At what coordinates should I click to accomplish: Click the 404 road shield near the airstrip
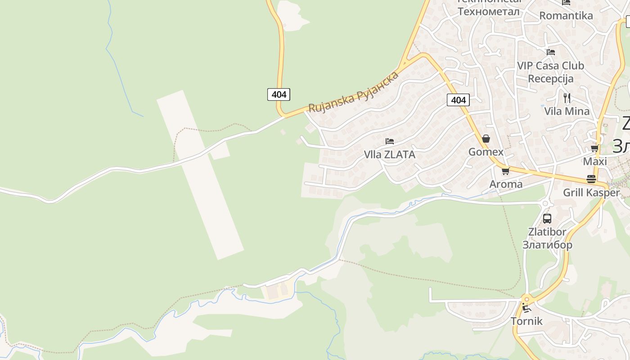click(279, 94)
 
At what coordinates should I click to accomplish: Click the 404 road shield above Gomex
click(458, 100)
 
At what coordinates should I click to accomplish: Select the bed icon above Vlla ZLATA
click(390, 141)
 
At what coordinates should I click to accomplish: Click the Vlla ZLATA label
click(389, 154)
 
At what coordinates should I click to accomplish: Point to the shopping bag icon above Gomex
click(486, 138)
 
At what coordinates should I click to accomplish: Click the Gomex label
click(486, 152)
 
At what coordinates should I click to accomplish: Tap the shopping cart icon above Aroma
click(505, 171)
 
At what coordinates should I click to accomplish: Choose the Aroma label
click(506, 184)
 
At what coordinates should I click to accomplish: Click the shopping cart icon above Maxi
click(594, 148)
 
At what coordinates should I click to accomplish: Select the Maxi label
click(595, 161)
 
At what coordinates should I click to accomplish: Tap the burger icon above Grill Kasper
click(591, 179)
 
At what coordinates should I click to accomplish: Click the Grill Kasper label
click(591, 193)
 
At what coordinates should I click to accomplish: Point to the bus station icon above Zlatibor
click(547, 219)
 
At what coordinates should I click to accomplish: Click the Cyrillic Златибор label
click(547, 245)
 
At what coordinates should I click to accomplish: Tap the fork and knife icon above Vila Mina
click(567, 98)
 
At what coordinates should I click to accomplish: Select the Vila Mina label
click(567, 111)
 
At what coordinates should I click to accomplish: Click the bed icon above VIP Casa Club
click(550, 52)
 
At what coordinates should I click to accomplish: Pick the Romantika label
click(566, 16)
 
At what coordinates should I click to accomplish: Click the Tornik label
click(526, 321)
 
